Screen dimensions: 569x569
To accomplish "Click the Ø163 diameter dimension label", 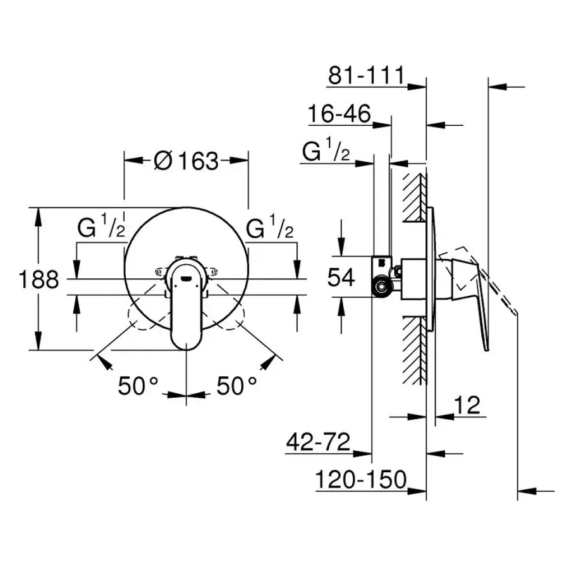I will [186, 161].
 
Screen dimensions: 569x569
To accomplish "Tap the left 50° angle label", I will [138, 385].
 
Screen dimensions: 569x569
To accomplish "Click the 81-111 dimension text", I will [365, 76].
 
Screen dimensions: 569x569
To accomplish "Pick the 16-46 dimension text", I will [339, 115].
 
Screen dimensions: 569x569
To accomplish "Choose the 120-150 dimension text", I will [361, 480].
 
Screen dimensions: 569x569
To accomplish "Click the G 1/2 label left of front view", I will [101, 228].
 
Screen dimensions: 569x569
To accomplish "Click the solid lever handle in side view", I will [471, 297].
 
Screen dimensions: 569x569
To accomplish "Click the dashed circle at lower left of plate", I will [142, 316].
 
